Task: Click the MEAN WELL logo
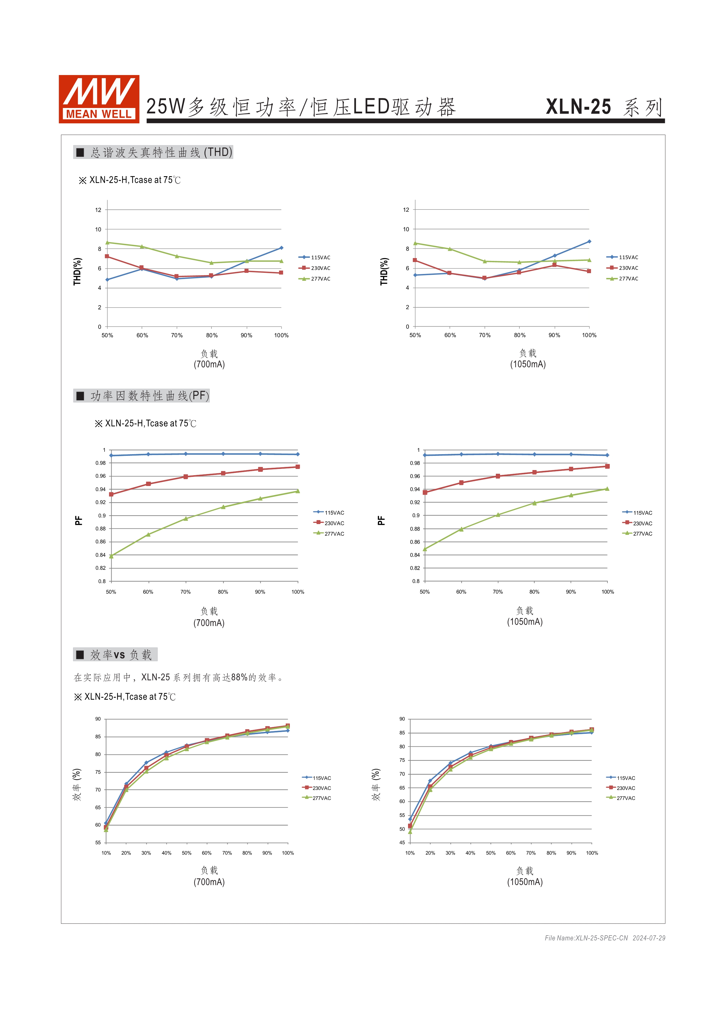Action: (99, 99)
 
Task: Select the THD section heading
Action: (153, 152)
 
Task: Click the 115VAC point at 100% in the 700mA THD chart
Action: (281, 248)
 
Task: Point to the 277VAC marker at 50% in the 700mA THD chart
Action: (107, 243)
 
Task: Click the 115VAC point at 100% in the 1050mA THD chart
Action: (589, 241)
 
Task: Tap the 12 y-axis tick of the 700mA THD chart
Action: (98, 210)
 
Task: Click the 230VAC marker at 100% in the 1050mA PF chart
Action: (607, 466)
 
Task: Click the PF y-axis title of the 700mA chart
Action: (79, 520)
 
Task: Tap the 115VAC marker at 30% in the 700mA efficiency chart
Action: (146, 763)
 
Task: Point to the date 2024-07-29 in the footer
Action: (649, 938)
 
